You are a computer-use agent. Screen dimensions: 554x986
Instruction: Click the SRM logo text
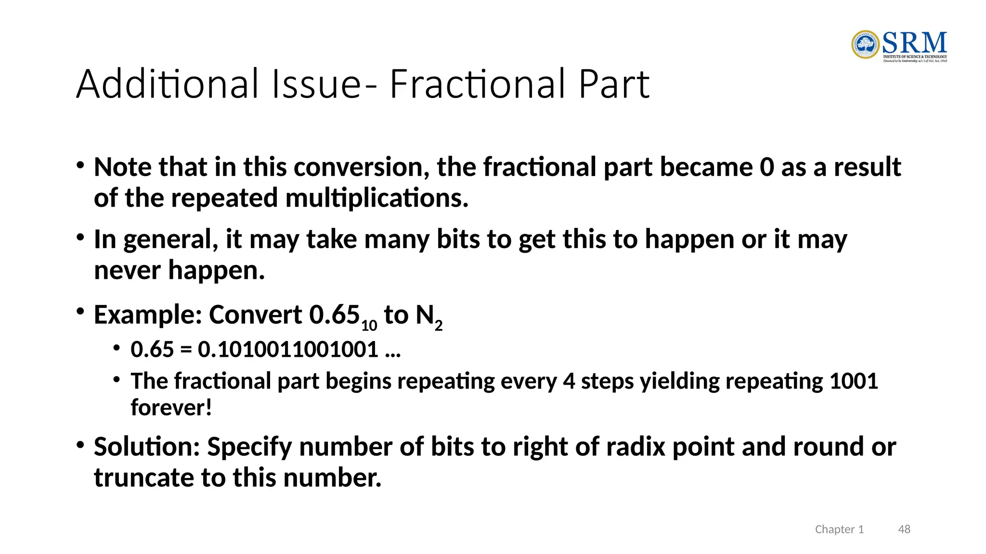point(914,43)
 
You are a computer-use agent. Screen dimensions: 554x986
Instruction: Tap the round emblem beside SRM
point(865,45)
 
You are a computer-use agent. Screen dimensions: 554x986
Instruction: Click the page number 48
point(904,529)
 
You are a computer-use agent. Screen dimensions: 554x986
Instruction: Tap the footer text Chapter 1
point(839,529)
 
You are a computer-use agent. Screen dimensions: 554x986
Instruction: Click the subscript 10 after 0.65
point(369,326)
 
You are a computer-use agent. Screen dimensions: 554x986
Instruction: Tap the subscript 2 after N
point(438,326)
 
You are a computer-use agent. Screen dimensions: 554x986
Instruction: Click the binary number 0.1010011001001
point(288,349)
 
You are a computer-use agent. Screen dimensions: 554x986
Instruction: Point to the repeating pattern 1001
point(854,381)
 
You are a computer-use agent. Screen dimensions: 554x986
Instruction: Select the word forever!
point(171,407)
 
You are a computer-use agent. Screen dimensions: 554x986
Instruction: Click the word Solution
point(146,447)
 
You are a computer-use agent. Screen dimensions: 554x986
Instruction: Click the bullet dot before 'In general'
point(80,238)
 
